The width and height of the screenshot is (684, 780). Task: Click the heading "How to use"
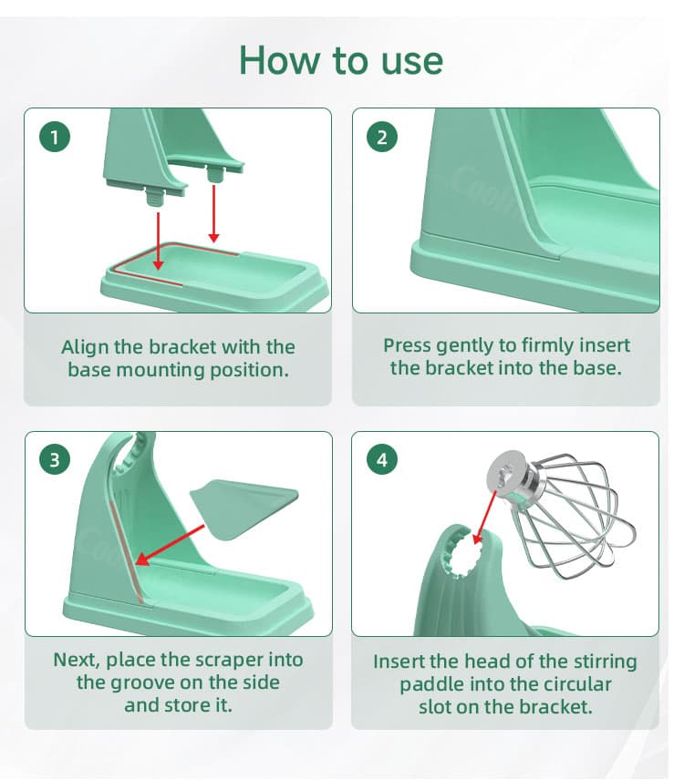[341, 60]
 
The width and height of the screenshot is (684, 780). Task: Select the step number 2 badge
[382, 137]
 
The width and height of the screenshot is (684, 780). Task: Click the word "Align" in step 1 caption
[86, 347]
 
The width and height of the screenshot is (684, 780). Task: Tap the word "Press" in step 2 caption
[407, 345]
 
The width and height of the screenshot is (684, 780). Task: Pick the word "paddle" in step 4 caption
[434, 684]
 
